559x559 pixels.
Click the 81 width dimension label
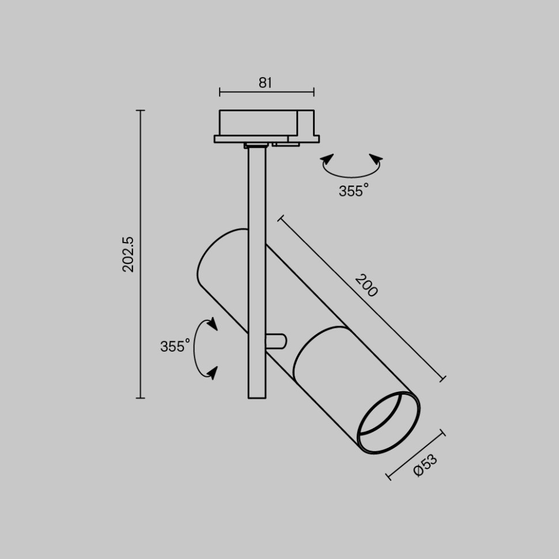[265, 82]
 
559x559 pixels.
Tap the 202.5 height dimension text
[128, 254]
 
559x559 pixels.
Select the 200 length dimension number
[366, 286]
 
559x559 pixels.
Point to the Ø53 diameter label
[425, 465]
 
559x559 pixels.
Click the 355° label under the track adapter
[353, 191]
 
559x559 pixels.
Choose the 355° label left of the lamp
[175, 346]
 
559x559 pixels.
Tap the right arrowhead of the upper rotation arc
[376, 159]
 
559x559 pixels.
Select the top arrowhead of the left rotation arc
[212, 323]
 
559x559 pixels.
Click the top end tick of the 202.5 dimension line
[140, 110]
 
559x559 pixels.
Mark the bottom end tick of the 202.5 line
[140, 398]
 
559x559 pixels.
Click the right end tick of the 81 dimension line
[314, 92]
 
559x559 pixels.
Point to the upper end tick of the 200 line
[281, 218]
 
